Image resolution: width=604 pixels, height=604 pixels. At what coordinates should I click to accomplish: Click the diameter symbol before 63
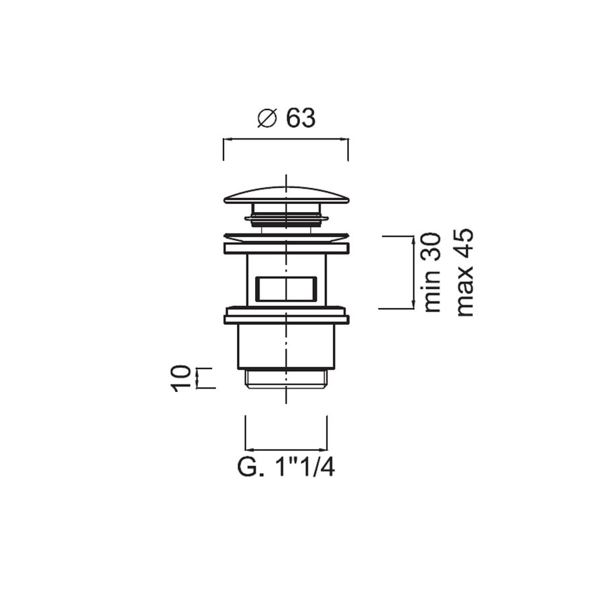point(267,118)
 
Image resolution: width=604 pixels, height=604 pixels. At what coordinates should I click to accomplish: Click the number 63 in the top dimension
point(300,118)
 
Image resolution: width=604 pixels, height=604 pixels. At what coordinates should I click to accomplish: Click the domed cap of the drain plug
point(287,194)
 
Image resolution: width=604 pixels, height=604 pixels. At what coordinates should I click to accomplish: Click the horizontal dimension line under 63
point(285,140)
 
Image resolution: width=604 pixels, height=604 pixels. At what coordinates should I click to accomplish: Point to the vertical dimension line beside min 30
point(411,272)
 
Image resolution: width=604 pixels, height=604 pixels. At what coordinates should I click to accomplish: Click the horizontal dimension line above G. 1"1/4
point(287,449)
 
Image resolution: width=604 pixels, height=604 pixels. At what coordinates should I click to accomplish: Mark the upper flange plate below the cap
point(287,248)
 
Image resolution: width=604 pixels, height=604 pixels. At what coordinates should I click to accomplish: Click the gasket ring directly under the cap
point(287,217)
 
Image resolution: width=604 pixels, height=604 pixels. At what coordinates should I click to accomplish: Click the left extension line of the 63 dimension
point(223,149)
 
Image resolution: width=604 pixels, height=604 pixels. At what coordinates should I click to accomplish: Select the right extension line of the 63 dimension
point(348,149)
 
